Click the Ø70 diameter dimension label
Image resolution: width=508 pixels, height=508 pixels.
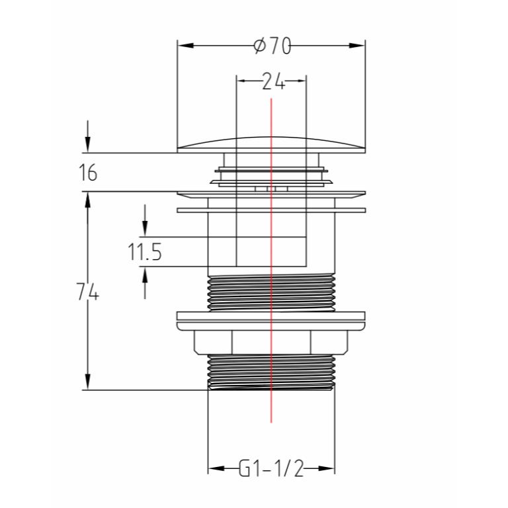pyautogui.click(x=273, y=46)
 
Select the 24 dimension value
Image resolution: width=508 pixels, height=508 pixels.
pyautogui.click(x=273, y=81)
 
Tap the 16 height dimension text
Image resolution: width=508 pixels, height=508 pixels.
pyautogui.click(x=88, y=173)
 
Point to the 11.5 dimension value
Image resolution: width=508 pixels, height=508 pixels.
pyautogui.click(x=144, y=252)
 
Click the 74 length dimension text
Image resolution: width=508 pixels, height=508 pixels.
pyautogui.click(x=87, y=292)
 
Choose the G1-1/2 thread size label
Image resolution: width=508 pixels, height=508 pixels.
pyautogui.click(x=271, y=468)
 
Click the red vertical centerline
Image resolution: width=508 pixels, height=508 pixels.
pyautogui.click(x=271, y=261)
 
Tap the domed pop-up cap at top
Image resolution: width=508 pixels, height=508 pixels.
pyautogui.click(x=271, y=144)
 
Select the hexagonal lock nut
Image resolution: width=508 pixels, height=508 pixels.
pyautogui.click(x=271, y=342)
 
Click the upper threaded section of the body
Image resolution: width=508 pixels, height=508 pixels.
pyautogui.click(x=271, y=292)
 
